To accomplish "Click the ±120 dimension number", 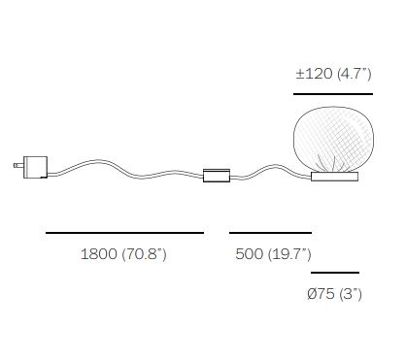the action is [x=314, y=74].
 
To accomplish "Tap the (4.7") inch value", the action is [x=355, y=75].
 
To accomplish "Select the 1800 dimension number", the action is [x=99, y=254].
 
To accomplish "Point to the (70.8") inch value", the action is [x=145, y=254].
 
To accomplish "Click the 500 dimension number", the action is [x=250, y=254].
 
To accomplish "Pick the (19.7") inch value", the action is [x=289, y=254].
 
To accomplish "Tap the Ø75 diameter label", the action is [x=321, y=294].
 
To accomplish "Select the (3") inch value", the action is [x=351, y=294].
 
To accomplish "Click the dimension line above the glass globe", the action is [x=333, y=94].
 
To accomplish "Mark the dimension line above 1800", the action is [x=125, y=233].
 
